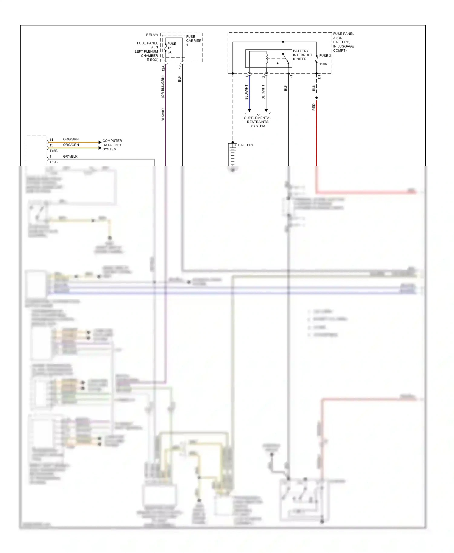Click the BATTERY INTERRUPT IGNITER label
(302, 55)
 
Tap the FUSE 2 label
(325, 56)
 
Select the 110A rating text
(323, 64)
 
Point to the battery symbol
(232, 155)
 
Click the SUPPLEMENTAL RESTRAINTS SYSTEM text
(258, 122)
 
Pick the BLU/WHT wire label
(246, 92)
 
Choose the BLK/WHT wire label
(263, 92)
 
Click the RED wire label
(314, 107)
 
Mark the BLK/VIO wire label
(163, 115)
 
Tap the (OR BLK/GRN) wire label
(163, 87)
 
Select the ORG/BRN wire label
(71, 139)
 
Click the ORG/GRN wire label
(71, 145)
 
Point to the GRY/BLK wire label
(70, 156)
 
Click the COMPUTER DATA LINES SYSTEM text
(112, 145)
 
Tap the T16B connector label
(54, 151)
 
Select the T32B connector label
(54, 162)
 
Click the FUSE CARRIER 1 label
(193, 41)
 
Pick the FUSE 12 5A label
(171, 48)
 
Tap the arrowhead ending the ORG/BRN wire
(100, 142)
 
